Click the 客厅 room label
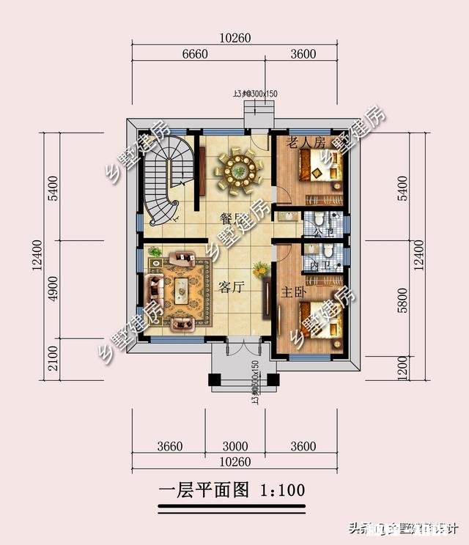click(x=230, y=287)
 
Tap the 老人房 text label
click(x=306, y=142)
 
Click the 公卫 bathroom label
click(x=317, y=234)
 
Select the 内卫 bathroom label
click(x=317, y=265)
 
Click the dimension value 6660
click(x=195, y=53)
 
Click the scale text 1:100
click(x=281, y=489)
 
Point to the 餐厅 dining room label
click(x=232, y=218)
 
